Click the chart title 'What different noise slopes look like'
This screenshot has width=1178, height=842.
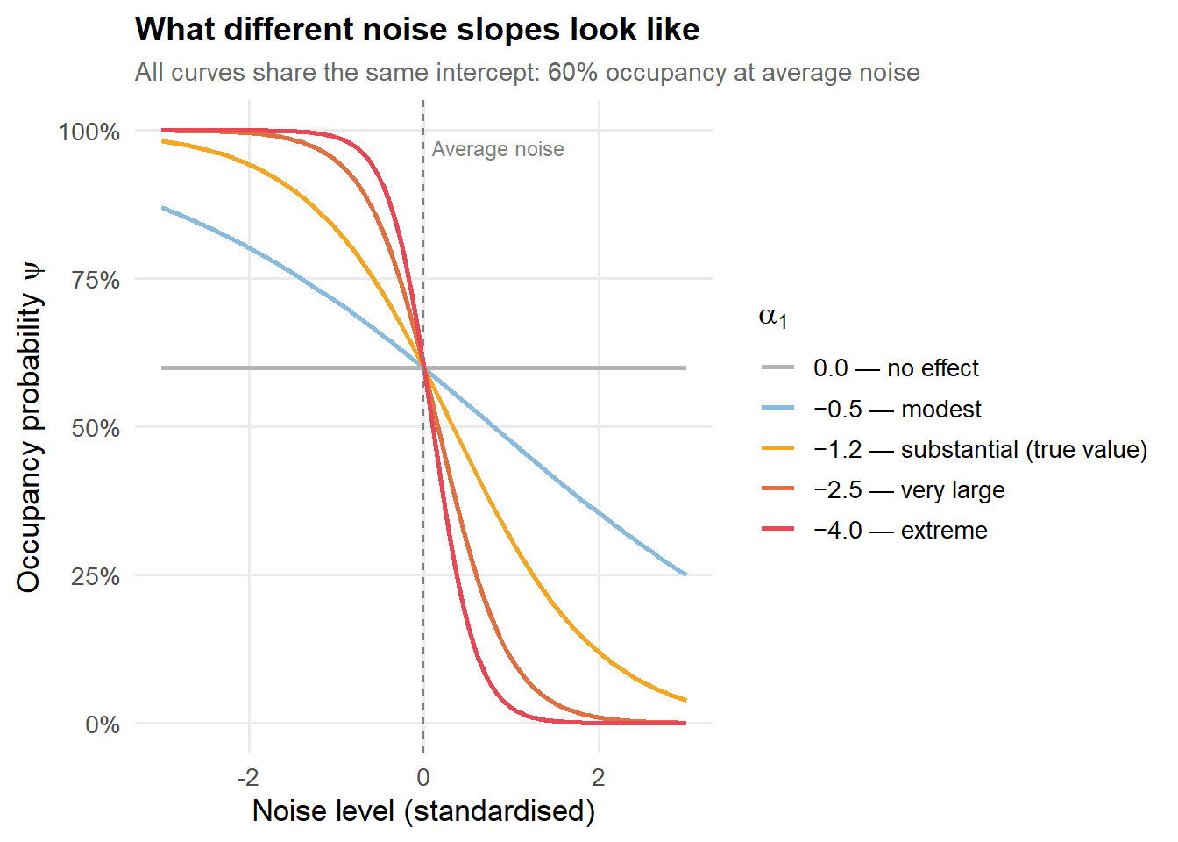(417, 29)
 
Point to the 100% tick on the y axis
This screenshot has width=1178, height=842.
(89, 132)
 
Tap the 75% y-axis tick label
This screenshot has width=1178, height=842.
(96, 280)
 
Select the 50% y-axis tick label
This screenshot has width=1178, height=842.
(96, 428)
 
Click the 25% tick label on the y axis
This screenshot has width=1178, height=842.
(96, 577)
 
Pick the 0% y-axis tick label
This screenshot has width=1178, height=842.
(103, 725)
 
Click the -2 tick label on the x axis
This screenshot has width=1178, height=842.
(248, 777)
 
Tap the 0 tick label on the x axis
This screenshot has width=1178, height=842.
(423, 777)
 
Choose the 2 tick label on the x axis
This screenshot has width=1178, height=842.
(599, 777)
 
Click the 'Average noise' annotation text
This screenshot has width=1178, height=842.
(498, 149)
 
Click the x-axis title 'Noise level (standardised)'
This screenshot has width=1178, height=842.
(423, 811)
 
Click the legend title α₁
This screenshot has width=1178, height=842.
(772, 318)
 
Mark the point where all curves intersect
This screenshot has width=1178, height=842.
(423, 367)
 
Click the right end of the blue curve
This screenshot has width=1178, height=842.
(685, 574)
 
